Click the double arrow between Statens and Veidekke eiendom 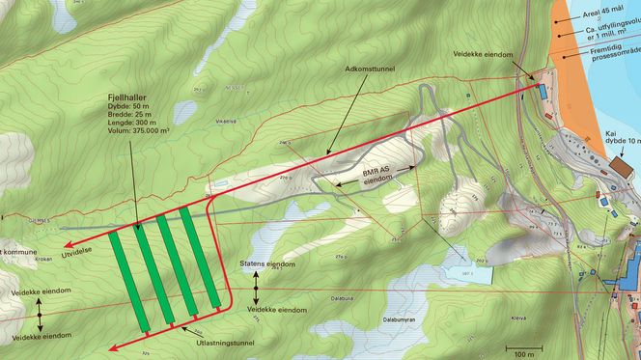(256, 287)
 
